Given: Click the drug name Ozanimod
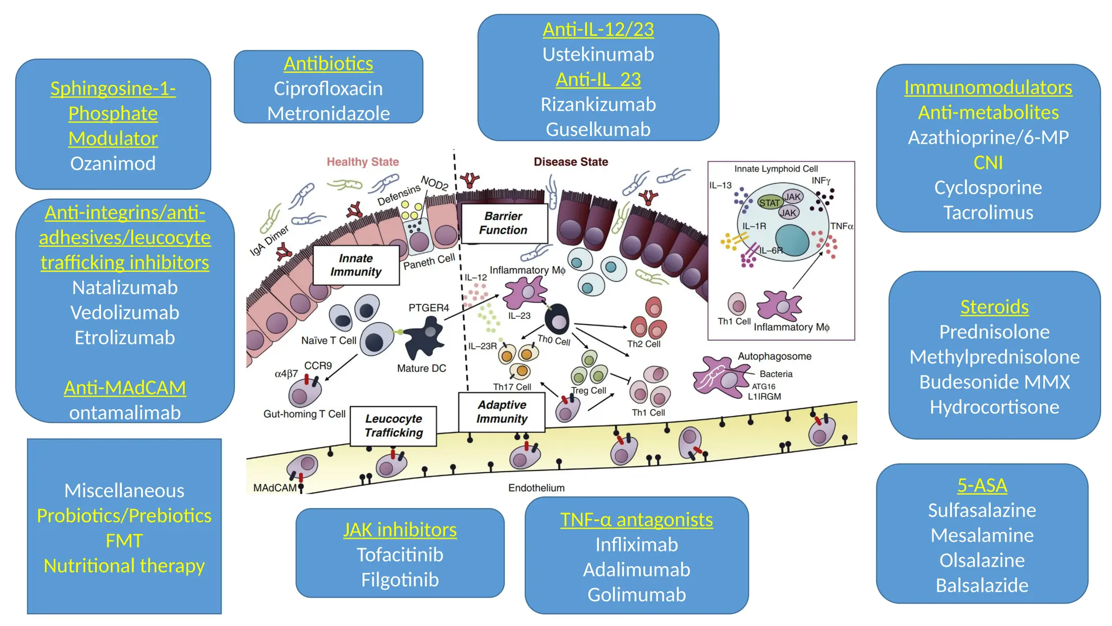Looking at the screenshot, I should click(113, 164).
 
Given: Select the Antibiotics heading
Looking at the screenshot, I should click(328, 64).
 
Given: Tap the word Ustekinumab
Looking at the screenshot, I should click(598, 54).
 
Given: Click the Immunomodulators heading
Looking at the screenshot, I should click(988, 87).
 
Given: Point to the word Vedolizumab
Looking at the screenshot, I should click(124, 312).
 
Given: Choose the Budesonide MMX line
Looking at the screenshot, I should click(994, 382).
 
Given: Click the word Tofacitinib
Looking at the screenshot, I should click(400, 555).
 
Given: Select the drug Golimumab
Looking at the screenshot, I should click(636, 594).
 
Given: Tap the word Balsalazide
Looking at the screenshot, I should click(982, 585).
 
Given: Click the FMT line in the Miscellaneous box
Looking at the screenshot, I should click(124, 541).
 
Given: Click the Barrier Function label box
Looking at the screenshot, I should click(503, 223).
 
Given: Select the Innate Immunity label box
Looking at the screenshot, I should click(356, 265).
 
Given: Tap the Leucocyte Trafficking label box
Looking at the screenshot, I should click(393, 426).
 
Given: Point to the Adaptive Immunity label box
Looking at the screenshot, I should click(502, 412).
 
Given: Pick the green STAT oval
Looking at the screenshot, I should click(769, 203).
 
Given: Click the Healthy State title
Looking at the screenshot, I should click(363, 162).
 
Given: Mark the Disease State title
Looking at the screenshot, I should click(571, 162).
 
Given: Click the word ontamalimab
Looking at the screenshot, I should click(124, 413).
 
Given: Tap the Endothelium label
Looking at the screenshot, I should click(536, 488).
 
